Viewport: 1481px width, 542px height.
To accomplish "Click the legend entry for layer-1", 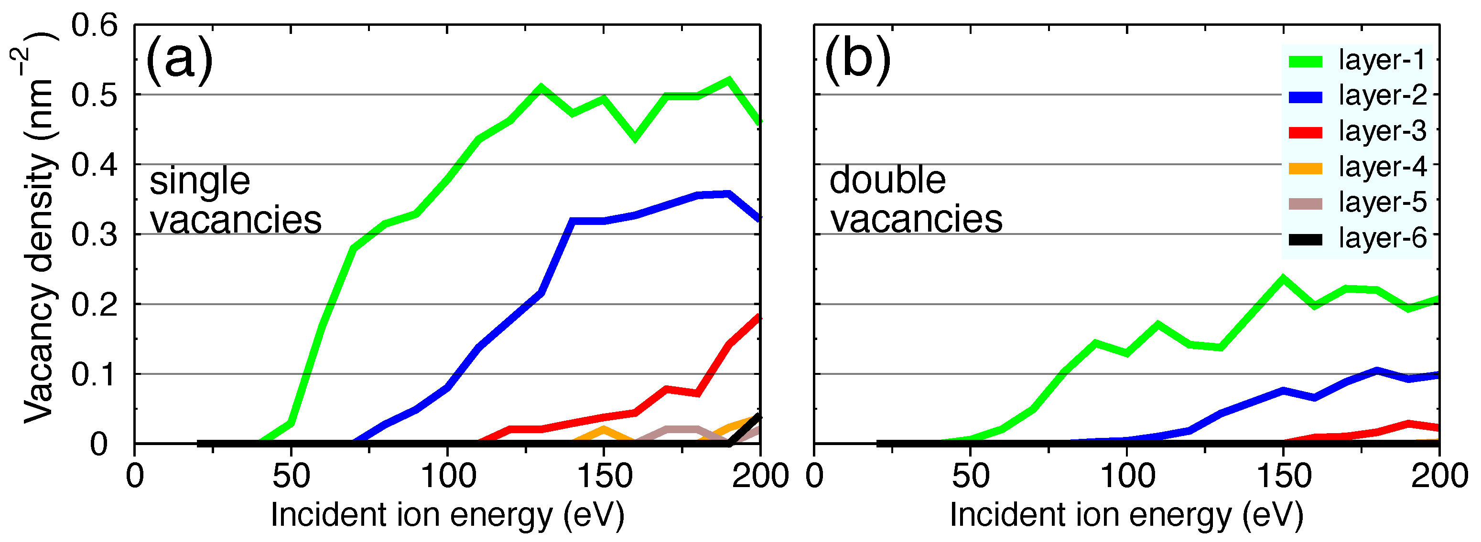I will tap(1382, 60).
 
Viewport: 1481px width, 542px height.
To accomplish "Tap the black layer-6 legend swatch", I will tap(1305, 239).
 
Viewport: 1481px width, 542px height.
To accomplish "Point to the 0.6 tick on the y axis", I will tap(94, 25).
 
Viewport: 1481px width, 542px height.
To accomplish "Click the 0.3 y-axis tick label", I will tap(94, 234).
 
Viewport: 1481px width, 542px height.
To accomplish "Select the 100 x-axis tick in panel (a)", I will tap(448, 477).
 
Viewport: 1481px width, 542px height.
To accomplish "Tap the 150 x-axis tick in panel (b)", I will tap(1283, 477).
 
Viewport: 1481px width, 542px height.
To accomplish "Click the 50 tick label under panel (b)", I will tap(971, 477).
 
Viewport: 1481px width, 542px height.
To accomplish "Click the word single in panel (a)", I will tap(199, 181).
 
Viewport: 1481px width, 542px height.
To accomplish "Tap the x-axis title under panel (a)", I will tap(447, 514).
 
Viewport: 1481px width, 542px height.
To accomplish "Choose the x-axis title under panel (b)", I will tap(1126, 514).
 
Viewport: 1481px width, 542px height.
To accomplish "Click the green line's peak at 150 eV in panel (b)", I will tap(1283, 279).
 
